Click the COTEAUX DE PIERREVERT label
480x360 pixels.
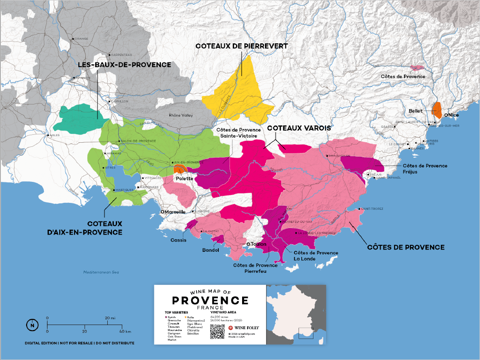pos(242,46)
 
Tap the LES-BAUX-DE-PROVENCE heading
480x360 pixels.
pos(124,65)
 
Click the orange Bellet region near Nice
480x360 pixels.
pos(437,110)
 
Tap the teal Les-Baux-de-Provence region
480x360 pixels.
pos(79,118)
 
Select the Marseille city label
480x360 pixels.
pos(173,211)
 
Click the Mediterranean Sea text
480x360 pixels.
pos(102,272)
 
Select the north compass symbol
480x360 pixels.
pos(32,325)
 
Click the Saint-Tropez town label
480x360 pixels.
pos(371,209)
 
